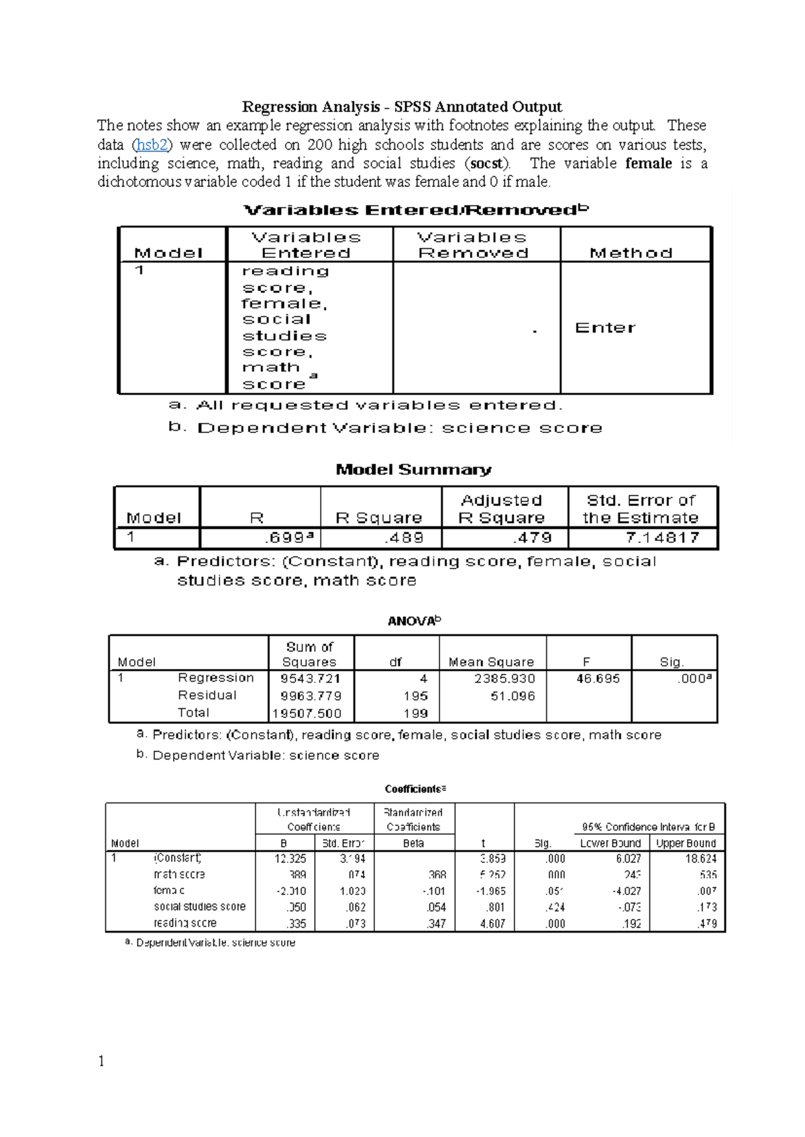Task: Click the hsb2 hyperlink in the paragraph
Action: click(x=152, y=145)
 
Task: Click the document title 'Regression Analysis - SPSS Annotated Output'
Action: click(x=402, y=107)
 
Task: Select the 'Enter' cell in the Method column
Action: click(x=605, y=328)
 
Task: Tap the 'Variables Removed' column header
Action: click(x=473, y=245)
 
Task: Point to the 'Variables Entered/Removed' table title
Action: click(x=415, y=210)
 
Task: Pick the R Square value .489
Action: click(x=404, y=538)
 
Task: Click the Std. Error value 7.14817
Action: click(x=662, y=538)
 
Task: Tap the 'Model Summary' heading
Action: click(x=413, y=469)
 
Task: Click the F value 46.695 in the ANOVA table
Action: click(x=598, y=678)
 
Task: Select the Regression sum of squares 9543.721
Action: click(x=311, y=678)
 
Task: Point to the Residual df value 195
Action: click(x=416, y=696)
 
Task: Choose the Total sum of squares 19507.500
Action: click(x=307, y=713)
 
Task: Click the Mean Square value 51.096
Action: click(x=513, y=696)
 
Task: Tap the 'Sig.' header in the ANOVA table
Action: click(x=671, y=662)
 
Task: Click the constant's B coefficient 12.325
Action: click(x=290, y=859)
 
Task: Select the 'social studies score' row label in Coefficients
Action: click(x=200, y=907)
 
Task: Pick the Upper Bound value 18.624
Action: click(x=701, y=859)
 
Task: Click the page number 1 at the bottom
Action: click(x=101, y=1061)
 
